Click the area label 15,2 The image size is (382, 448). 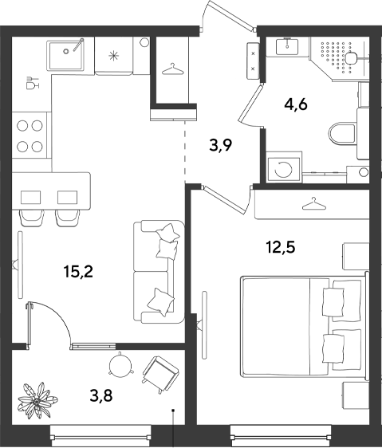(79, 272)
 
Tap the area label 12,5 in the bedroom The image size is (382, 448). (281, 247)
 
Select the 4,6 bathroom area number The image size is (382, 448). (296, 105)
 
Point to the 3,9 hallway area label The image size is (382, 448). (220, 146)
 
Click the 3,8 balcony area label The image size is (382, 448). (101, 395)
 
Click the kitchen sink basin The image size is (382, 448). (66, 56)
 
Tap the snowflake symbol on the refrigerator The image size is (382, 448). (114, 55)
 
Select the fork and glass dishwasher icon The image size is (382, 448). (32, 83)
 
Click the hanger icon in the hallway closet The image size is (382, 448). (172, 69)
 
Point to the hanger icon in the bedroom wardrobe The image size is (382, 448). (313, 203)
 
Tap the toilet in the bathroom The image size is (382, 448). (343, 134)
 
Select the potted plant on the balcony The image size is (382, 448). (37, 400)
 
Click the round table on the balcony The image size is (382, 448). (121, 364)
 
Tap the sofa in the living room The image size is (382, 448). (159, 272)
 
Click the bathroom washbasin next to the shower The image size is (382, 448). (287, 46)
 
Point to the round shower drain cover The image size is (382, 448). (350, 58)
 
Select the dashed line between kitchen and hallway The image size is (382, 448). (185, 151)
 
